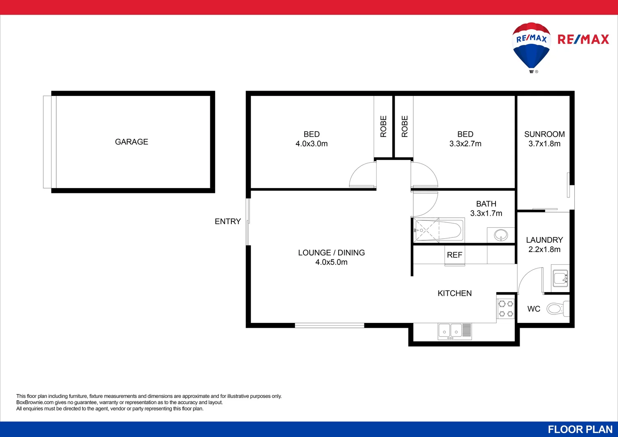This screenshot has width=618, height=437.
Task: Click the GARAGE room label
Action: tap(131, 142)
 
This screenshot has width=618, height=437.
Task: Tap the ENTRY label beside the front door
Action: tap(228, 221)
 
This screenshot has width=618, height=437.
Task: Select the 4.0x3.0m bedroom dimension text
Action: tap(311, 144)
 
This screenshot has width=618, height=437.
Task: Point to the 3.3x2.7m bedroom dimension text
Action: tap(465, 144)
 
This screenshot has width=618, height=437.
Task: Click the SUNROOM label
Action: tap(544, 134)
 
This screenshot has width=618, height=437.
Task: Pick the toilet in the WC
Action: tap(557, 309)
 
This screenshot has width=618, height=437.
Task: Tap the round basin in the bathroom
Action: tap(501, 235)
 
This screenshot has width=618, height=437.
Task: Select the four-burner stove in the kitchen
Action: tap(506, 308)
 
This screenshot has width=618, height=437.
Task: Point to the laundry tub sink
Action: tap(561, 278)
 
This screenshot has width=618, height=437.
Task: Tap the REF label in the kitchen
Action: tap(455, 255)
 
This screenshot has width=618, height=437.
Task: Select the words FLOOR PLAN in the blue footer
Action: tap(580, 429)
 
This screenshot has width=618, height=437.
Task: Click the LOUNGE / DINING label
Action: tap(331, 253)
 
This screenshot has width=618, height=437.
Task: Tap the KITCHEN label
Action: tap(455, 293)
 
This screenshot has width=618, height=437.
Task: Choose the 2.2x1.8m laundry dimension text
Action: tap(544, 250)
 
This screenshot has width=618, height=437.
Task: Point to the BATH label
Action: tap(486, 204)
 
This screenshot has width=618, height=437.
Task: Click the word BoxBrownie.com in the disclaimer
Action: tap(35, 403)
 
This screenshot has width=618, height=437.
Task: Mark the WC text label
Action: tap(534, 309)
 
